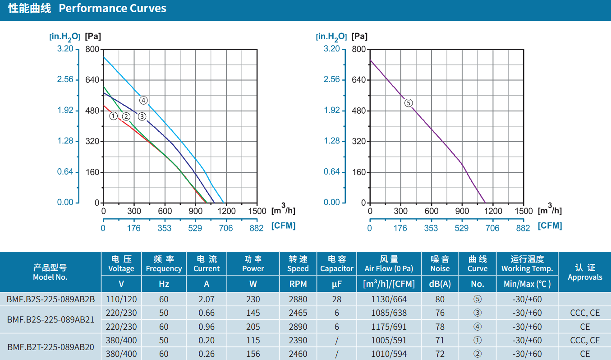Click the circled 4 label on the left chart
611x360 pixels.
pos(143,101)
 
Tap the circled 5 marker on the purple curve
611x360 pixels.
pos(409,103)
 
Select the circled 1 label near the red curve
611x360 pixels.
pos(114,116)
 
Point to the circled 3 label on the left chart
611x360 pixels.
pos(142,116)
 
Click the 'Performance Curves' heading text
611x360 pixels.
pos(112,8)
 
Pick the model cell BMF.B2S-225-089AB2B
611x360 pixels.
pos(51,299)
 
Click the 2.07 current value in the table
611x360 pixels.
pos(207,299)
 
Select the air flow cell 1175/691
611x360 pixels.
pos(389,327)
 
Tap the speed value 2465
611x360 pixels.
pos(298,313)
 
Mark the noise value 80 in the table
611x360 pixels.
pos(440,299)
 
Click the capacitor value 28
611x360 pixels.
pos(336,299)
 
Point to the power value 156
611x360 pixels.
pos(253,354)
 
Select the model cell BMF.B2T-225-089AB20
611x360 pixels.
pos(51,347)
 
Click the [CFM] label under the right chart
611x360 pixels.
pos(550,226)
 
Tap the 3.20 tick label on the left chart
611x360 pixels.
pos(65,49)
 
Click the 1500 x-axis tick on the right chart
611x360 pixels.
pos(524,211)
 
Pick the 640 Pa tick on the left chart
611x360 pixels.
pos(92,80)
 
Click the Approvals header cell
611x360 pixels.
pos(585,272)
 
